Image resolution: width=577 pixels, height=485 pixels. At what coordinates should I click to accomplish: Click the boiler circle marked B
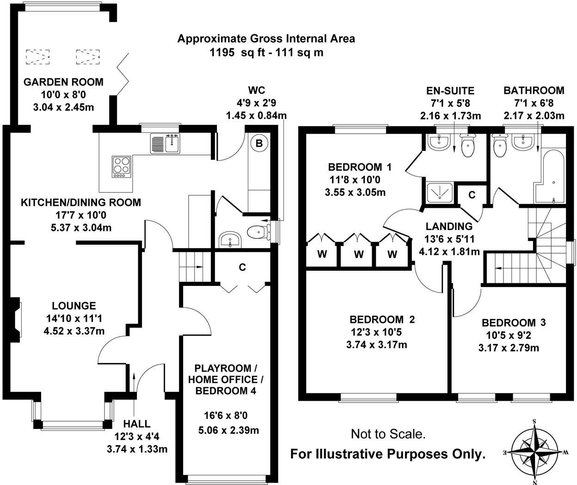[x=259, y=143]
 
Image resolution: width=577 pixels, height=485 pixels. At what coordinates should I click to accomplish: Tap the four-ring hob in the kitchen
[x=121, y=167]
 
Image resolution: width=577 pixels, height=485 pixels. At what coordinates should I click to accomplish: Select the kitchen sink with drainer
[x=165, y=143]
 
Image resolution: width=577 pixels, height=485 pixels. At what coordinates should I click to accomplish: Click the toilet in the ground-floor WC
[x=258, y=232]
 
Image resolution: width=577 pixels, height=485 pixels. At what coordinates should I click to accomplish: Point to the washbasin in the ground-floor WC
[x=230, y=240]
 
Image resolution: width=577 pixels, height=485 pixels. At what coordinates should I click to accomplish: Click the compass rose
[x=535, y=452]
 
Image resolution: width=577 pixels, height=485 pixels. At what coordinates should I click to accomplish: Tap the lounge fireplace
[x=15, y=319]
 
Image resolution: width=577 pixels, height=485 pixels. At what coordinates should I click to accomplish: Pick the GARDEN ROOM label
[x=63, y=82]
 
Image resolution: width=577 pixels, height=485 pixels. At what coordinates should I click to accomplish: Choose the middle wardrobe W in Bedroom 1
[x=359, y=254]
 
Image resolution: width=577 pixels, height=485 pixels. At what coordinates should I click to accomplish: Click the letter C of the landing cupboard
[x=472, y=195]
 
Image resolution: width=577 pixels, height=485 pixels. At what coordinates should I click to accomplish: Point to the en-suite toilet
[x=467, y=145]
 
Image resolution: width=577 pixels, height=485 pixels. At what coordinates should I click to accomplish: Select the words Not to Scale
[x=388, y=434]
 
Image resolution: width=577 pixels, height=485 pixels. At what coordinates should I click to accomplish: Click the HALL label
[x=137, y=423]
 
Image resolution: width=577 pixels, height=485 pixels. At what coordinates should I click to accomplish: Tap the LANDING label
[x=449, y=226]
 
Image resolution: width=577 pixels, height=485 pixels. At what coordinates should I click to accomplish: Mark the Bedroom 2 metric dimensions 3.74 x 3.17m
[x=376, y=345]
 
